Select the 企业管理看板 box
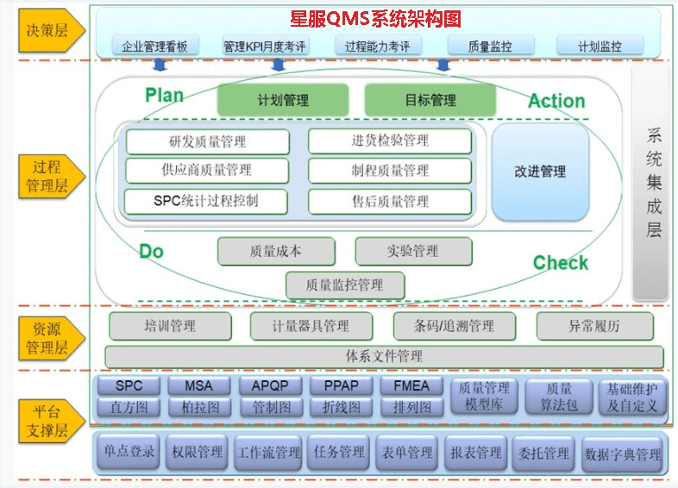155,47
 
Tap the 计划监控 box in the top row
600,47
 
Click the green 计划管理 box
283,100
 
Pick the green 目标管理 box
430,100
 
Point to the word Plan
164,95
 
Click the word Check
560,263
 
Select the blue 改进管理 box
540,172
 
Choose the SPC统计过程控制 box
206,201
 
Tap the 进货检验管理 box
390,141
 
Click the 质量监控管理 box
344,284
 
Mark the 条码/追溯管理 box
454,326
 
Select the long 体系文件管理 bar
384,355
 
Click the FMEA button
411,385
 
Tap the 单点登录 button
129,452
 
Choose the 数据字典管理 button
623,454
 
